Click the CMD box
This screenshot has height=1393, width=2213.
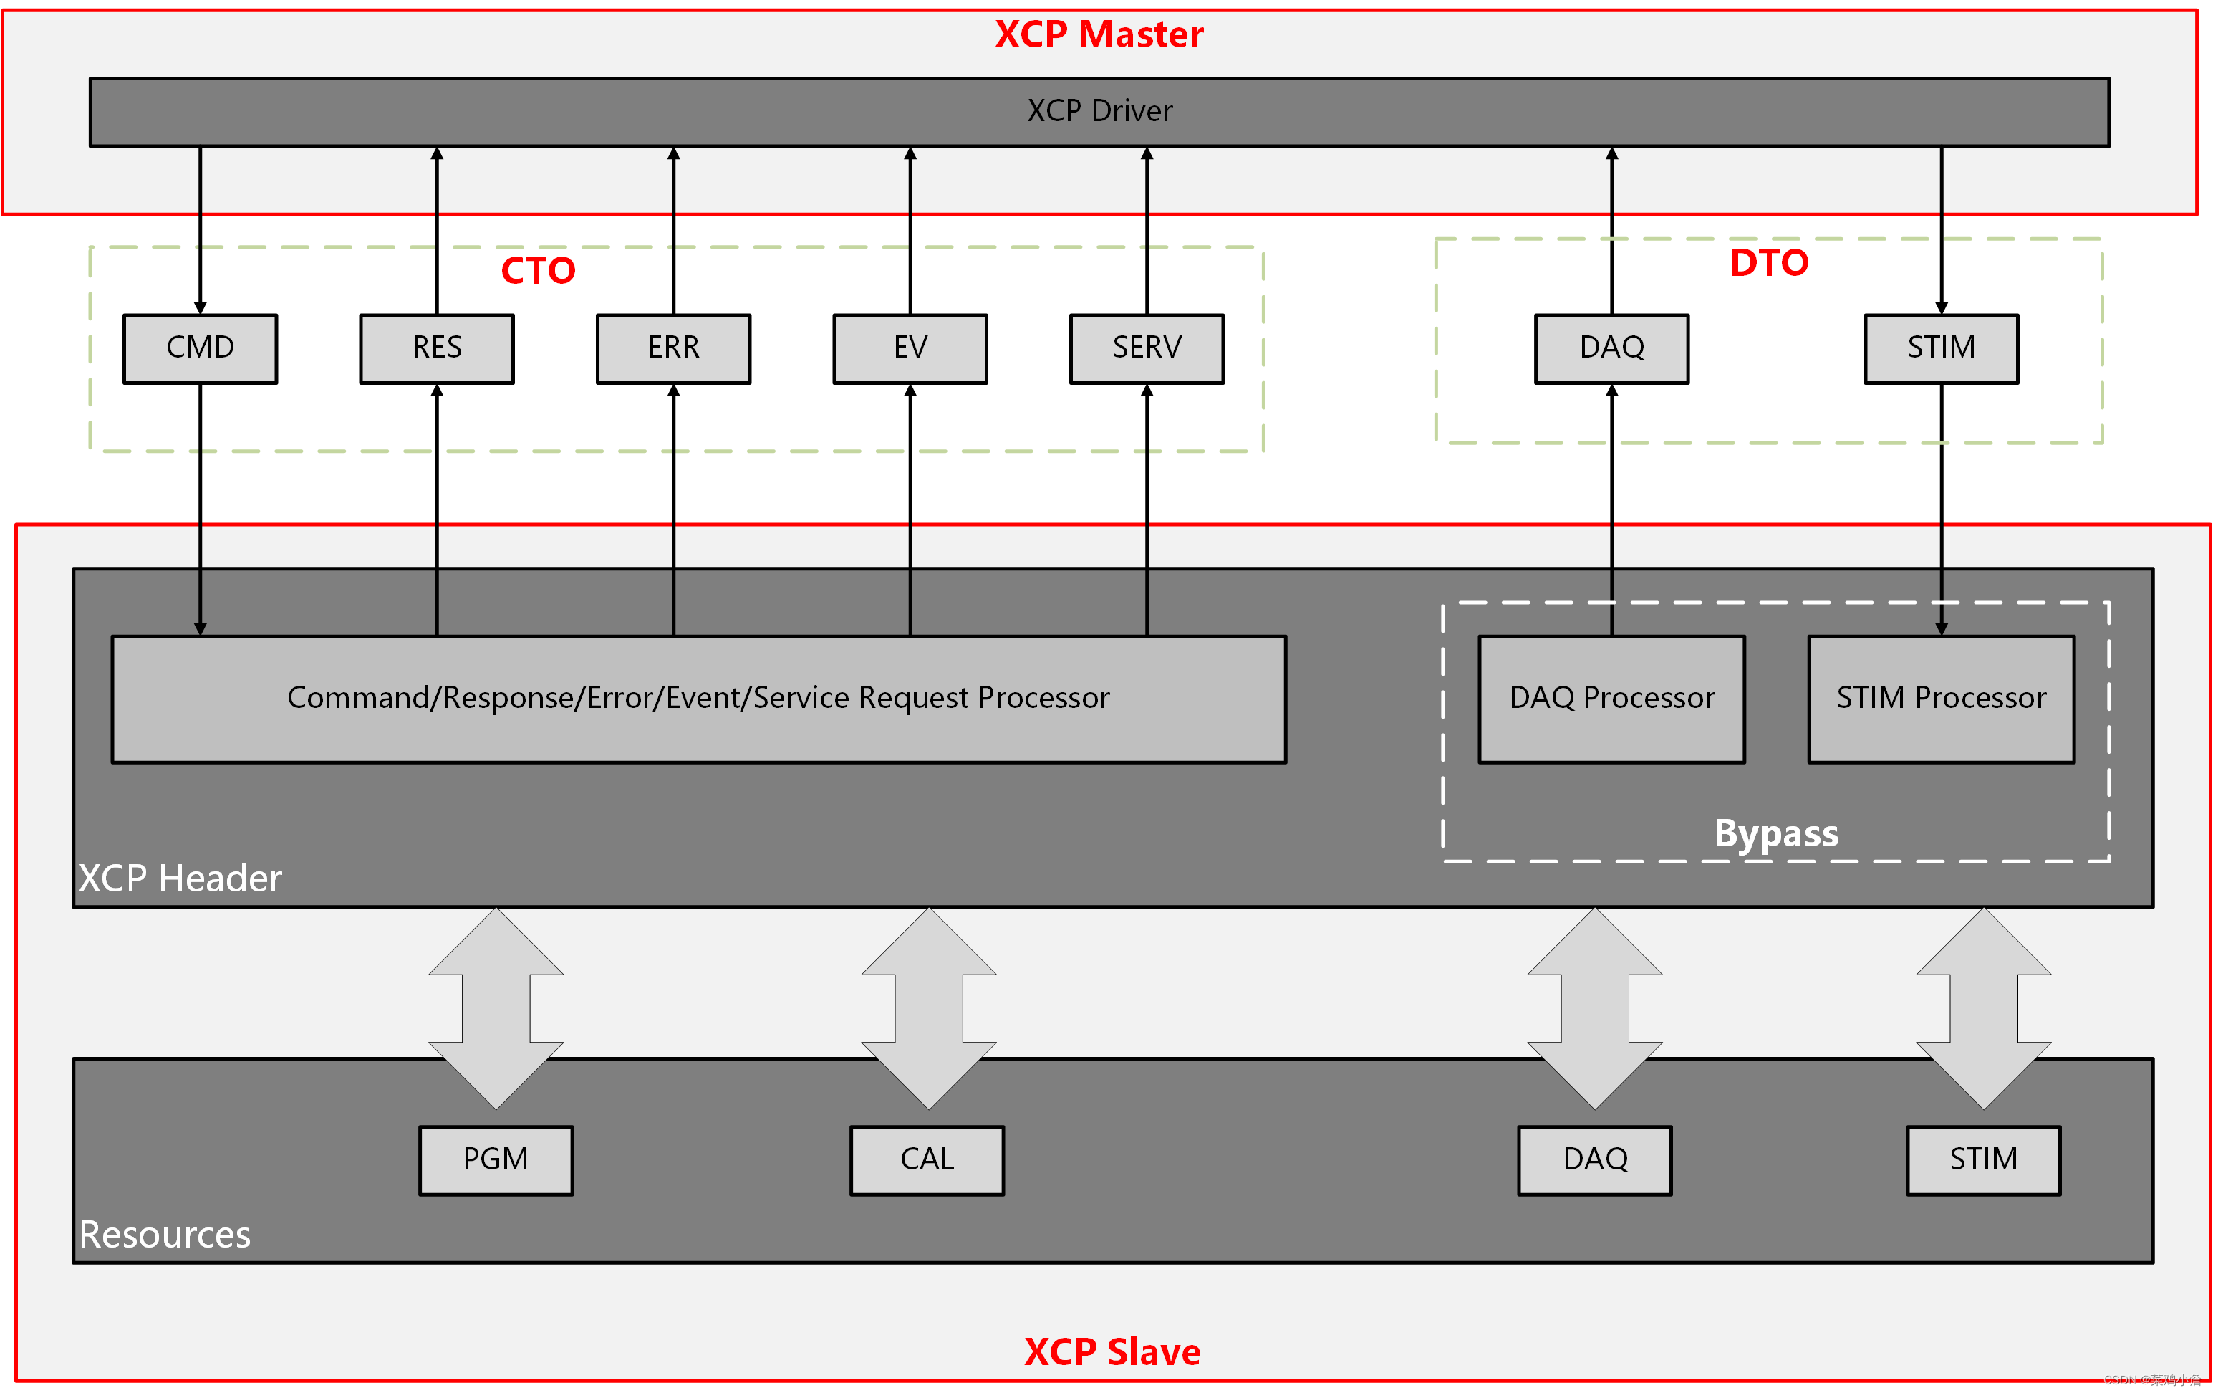[x=201, y=348]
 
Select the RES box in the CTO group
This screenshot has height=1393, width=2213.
[x=437, y=348]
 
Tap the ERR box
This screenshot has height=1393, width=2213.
[x=674, y=348]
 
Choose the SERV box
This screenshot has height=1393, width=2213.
[x=1147, y=348]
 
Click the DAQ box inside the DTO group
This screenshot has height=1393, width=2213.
[x=1612, y=348]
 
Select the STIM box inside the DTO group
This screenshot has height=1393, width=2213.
[x=1941, y=348]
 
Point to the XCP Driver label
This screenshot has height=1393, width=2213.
[x=1099, y=111]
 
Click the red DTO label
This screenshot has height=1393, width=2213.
[x=1769, y=263]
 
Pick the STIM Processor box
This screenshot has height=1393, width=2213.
[x=1941, y=699]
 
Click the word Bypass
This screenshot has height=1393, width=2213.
[x=1775, y=833]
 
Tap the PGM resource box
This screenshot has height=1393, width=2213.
[x=496, y=1159]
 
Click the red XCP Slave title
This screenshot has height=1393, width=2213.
[x=1112, y=1351]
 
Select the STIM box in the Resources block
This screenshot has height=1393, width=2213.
[x=1983, y=1159]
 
